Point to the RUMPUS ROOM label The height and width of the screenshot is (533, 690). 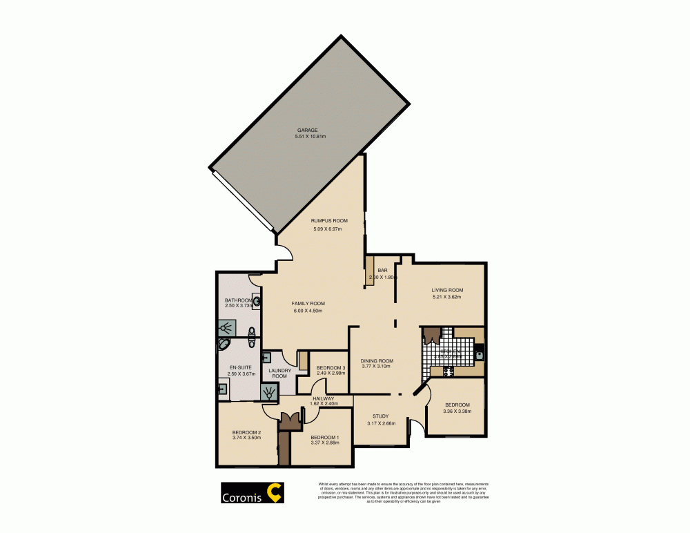(328, 220)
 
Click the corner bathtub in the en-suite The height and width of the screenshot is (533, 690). (226, 345)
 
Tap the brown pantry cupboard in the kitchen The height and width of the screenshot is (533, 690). (432, 336)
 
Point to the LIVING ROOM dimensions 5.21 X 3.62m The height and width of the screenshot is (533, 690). (447, 298)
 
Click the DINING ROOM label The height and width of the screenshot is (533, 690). (377, 360)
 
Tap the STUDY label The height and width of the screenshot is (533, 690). (381, 416)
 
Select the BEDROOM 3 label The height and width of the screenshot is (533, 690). (330, 367)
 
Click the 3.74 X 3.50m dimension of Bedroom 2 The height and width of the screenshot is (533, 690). (246, 438)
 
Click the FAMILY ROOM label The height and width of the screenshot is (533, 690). (308, 303)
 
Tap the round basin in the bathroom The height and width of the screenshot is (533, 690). (257, 300)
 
